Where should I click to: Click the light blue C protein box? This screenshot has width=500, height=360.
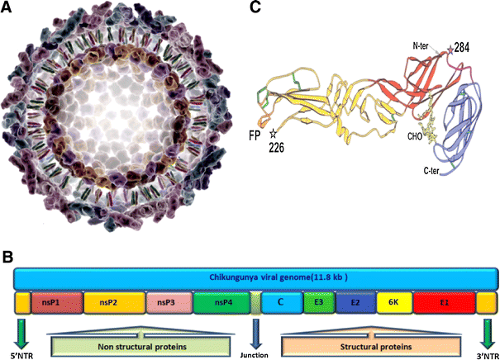[x=281, y=303]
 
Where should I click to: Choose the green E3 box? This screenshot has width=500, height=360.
[x=318, y=303]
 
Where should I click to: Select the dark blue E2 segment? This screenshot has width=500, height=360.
[x=353, y=303]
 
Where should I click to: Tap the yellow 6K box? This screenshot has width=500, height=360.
[x=390, y=303]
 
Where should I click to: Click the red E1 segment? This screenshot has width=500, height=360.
[x=443, y=303]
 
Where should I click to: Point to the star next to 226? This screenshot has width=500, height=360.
[x=273, y=133]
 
